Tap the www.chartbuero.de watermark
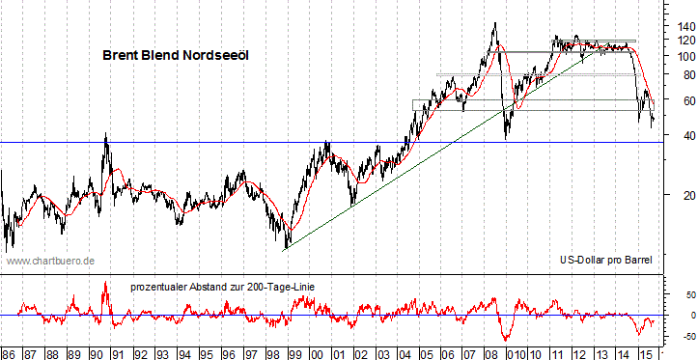pyautogui.click(x=50, y=261)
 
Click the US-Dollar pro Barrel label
pyautogui.click(x=606, y=261)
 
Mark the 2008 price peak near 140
pyautogui.click(x=494, y=24)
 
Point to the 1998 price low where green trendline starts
pyautogui.click(x=286, y=248)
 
